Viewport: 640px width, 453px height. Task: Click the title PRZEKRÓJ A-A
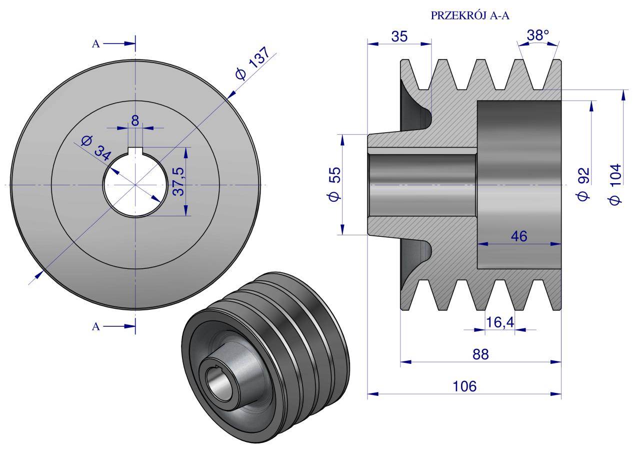click(469, 16)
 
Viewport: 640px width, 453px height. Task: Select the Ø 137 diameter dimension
click(254, 64)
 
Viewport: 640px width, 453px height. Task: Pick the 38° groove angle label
click(538, 35)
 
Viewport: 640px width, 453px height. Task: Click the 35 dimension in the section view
click(399, 36)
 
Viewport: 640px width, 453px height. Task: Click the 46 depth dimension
click(519, 236)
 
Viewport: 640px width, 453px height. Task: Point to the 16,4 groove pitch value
click(499, 322)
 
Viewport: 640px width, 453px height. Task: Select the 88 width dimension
click(480, 353)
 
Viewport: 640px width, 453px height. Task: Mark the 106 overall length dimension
click(464, 386)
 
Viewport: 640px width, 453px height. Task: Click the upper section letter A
click(95, 44)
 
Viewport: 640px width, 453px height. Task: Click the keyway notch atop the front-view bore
click(135, 151)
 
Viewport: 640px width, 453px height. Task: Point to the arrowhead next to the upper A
click(128, 44)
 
